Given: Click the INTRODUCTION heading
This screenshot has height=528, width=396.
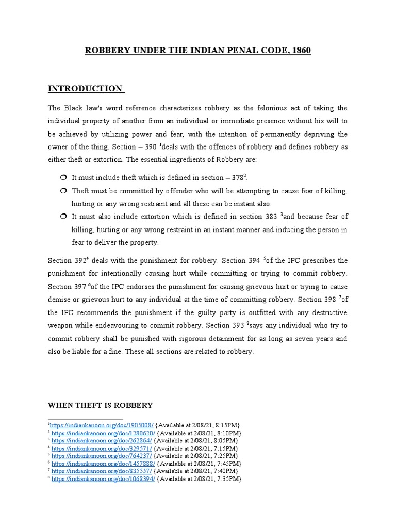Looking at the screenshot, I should click(85, 89).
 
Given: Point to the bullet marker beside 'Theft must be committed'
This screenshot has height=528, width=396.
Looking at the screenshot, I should click(63, 191).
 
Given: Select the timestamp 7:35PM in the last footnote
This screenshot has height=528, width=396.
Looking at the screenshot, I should click(229, 479).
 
